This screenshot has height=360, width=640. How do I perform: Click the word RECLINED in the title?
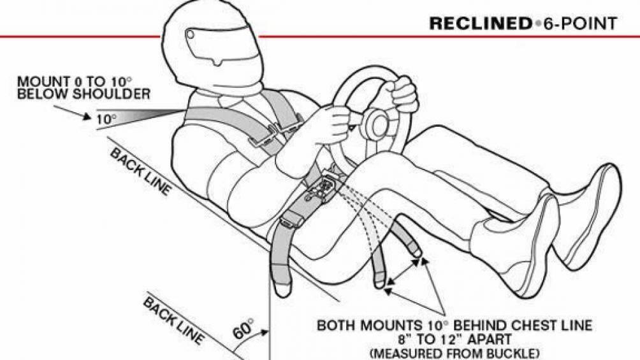[x=479, y=24]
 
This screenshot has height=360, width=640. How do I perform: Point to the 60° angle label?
[x=244, y=329]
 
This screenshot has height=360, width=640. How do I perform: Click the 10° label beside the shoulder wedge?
[x=106, y=119]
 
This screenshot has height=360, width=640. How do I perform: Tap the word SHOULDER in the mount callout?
[x=112, y=94]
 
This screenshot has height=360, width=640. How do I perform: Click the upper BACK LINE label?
[x=140, y=172]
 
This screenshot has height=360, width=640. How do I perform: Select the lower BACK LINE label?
[x=173, y=321]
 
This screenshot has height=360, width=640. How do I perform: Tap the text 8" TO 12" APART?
[x=455, y=339]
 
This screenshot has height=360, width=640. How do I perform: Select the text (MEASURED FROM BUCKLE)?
[x=455, y=352]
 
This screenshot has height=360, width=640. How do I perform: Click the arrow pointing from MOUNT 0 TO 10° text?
[x=72, y=112]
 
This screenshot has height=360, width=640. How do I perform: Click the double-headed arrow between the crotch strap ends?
[x=404, y=271]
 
